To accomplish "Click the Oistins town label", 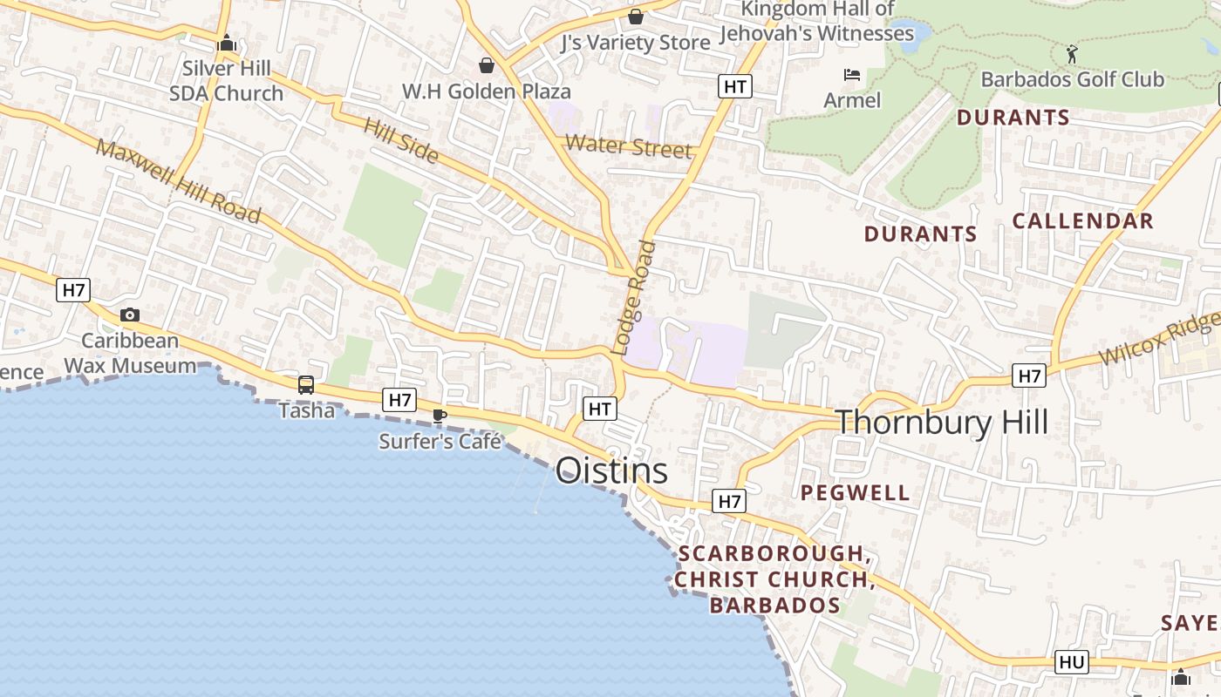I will pyautogui.click(x=611, y=471).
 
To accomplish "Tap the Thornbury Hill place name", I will pyautogui.click(x=942, y=423).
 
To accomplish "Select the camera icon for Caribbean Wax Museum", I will pyautogui.click(x=130, y=315).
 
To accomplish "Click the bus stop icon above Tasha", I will pyautogui.click(x=306, y=384).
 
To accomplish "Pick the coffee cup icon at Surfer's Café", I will pyautogui.click(x=440, y=416).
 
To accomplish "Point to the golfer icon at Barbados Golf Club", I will pyautogui.click(x=1072, y=54).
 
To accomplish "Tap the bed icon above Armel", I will pyautogui.click(x=852, y=75).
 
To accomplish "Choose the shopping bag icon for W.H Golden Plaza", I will pyautogui.click(x=487, y=65).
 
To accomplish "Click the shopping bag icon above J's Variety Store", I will pyautogui.click(x=636, y=17).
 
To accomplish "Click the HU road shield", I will pyautogui.click(x=1071, y=662).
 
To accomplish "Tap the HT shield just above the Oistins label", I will pyautogui.click(x=599, y=409).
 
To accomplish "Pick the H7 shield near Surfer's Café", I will pyautogui.click(x=399, y=400).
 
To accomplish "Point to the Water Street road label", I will pyautogui.click(x=629, y=145).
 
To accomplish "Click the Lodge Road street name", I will pyautogui.click(x=635, y=296).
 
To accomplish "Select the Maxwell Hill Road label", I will pyautogui.click(x=179, y=180).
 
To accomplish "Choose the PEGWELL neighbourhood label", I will pyautogui.click(x=855, y=493).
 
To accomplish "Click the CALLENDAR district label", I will pyautogui.click(x=1082, y=221).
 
